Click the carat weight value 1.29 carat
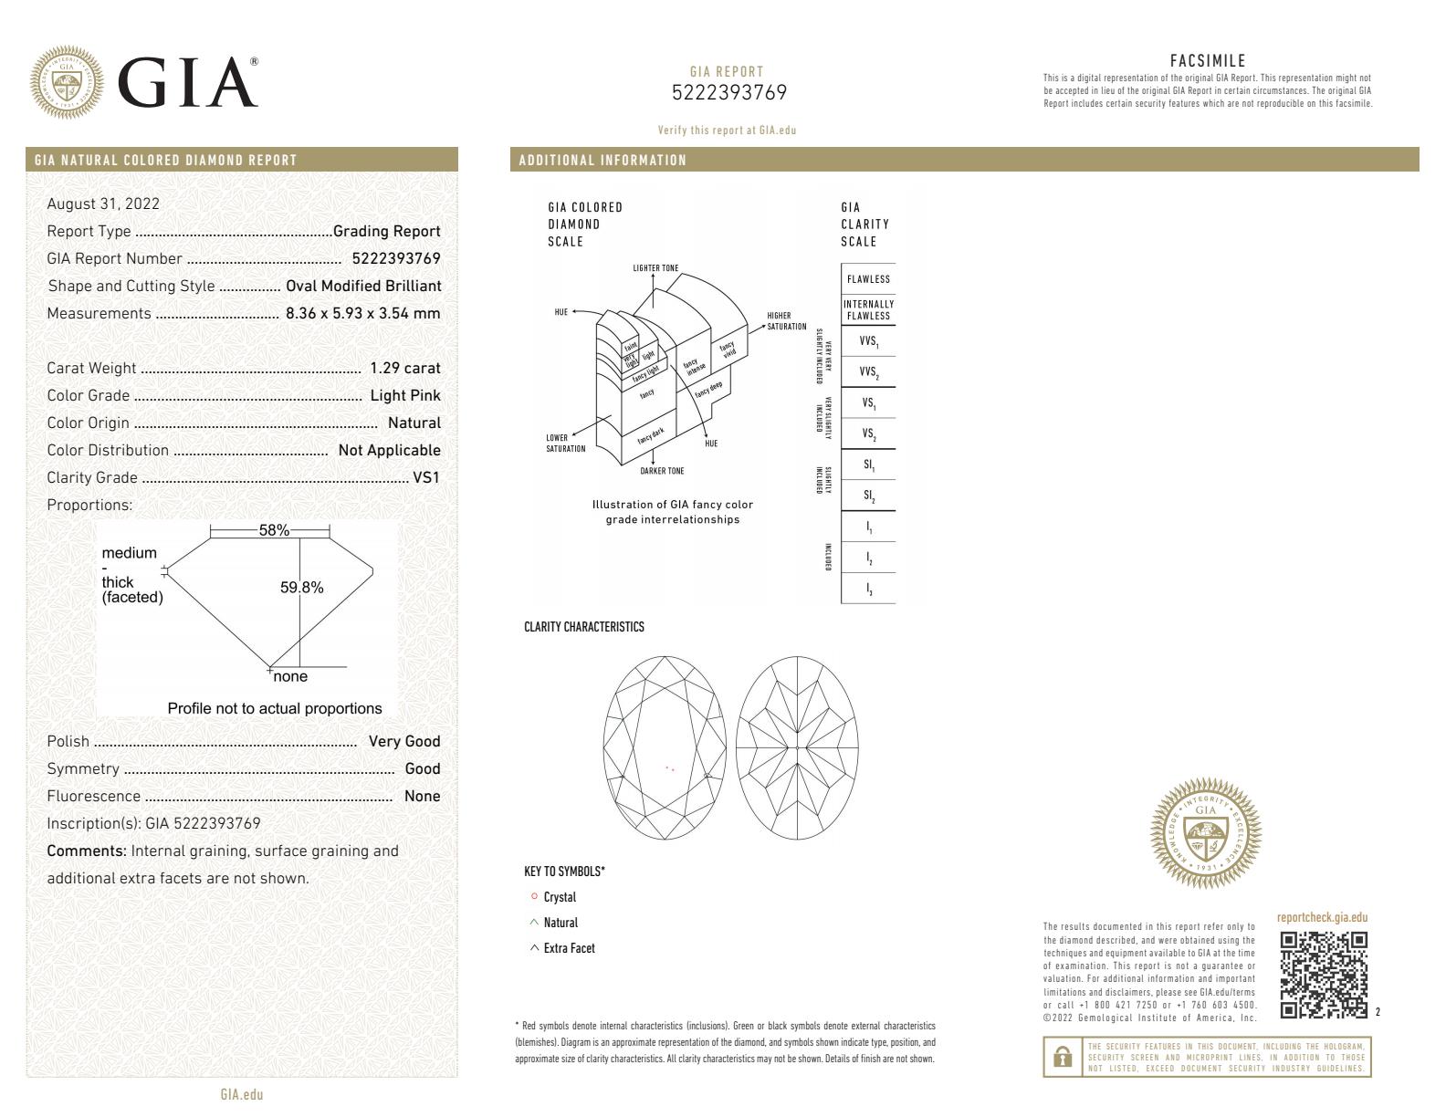pos(404,369)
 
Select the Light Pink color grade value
pos(404,396)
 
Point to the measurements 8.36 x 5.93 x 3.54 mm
pos(362,313)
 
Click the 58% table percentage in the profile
pos(274,530)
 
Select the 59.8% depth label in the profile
pos(301,588)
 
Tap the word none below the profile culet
pos(290,676)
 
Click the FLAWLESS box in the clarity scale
pos(868,279)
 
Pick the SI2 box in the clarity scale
pos(868,496)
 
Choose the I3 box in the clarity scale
pos(868,589)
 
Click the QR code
pos(1324,974)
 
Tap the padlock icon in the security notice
pos(1062,1057)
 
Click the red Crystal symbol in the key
pos(534,897)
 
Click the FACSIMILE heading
pos(1207,61)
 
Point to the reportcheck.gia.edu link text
pos(1322,918)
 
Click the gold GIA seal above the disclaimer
pos(1206,833)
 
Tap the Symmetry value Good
pos(422,769)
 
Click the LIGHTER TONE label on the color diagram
pos(655,268)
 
